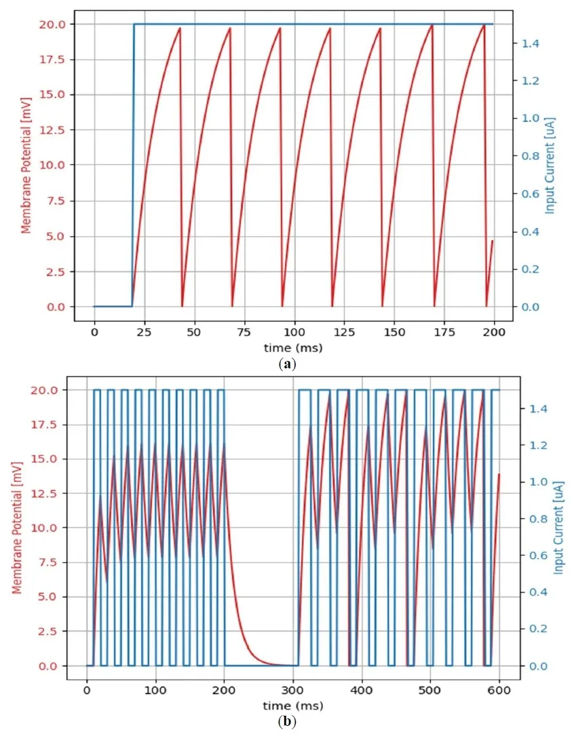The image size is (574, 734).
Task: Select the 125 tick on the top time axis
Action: tap(344, 333)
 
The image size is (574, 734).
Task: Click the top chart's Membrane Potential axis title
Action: tap(26, 165)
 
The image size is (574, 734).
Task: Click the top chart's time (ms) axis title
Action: tap(294, 348)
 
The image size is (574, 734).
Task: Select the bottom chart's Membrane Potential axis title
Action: tap(18, 528)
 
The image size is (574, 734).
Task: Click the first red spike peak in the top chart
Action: tap(180, 28)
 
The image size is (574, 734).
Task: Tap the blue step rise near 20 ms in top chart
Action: tap(134, 163)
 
